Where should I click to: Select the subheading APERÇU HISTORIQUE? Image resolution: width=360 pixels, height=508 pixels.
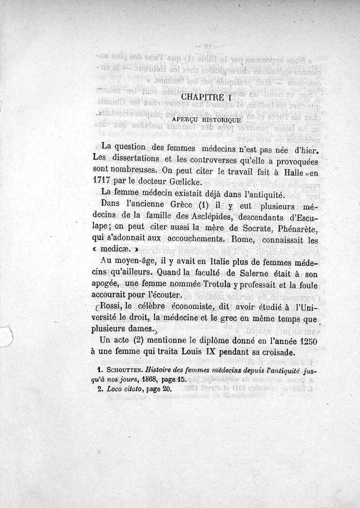(x=207, y=120)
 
